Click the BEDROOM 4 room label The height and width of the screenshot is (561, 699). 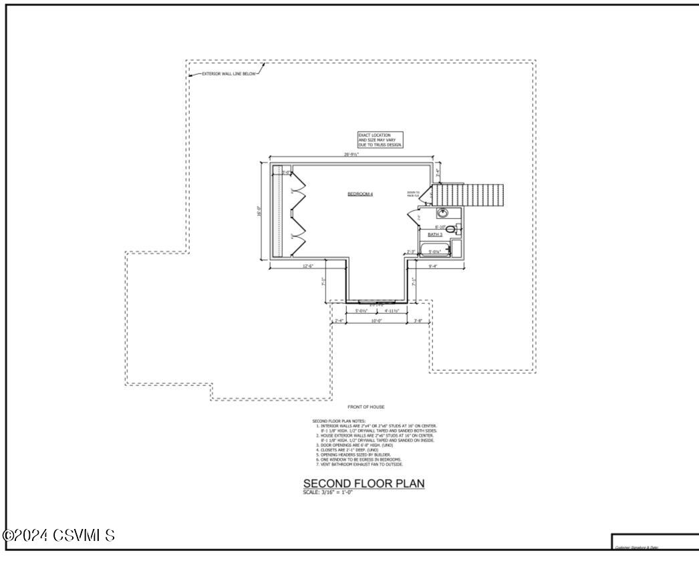tap(360, 194)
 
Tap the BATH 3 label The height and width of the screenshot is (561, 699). tap(435, 235)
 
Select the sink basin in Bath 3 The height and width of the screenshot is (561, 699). tap(442, 214)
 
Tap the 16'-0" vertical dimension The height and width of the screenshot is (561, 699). tap(259, 210)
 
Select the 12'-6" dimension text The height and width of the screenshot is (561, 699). tap(308, 266)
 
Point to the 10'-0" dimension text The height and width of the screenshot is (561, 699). tap(376, 321)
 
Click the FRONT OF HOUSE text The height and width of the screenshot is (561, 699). tap(366, 407)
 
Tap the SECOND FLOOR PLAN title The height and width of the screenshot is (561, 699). tap(364, 483)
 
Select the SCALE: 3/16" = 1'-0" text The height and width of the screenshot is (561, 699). tap(327, 492)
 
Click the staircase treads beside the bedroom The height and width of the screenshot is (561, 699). tap(472, 195)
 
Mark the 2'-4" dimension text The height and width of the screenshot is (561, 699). tap(339, 321)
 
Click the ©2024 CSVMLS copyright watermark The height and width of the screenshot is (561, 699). tap(58, 536)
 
